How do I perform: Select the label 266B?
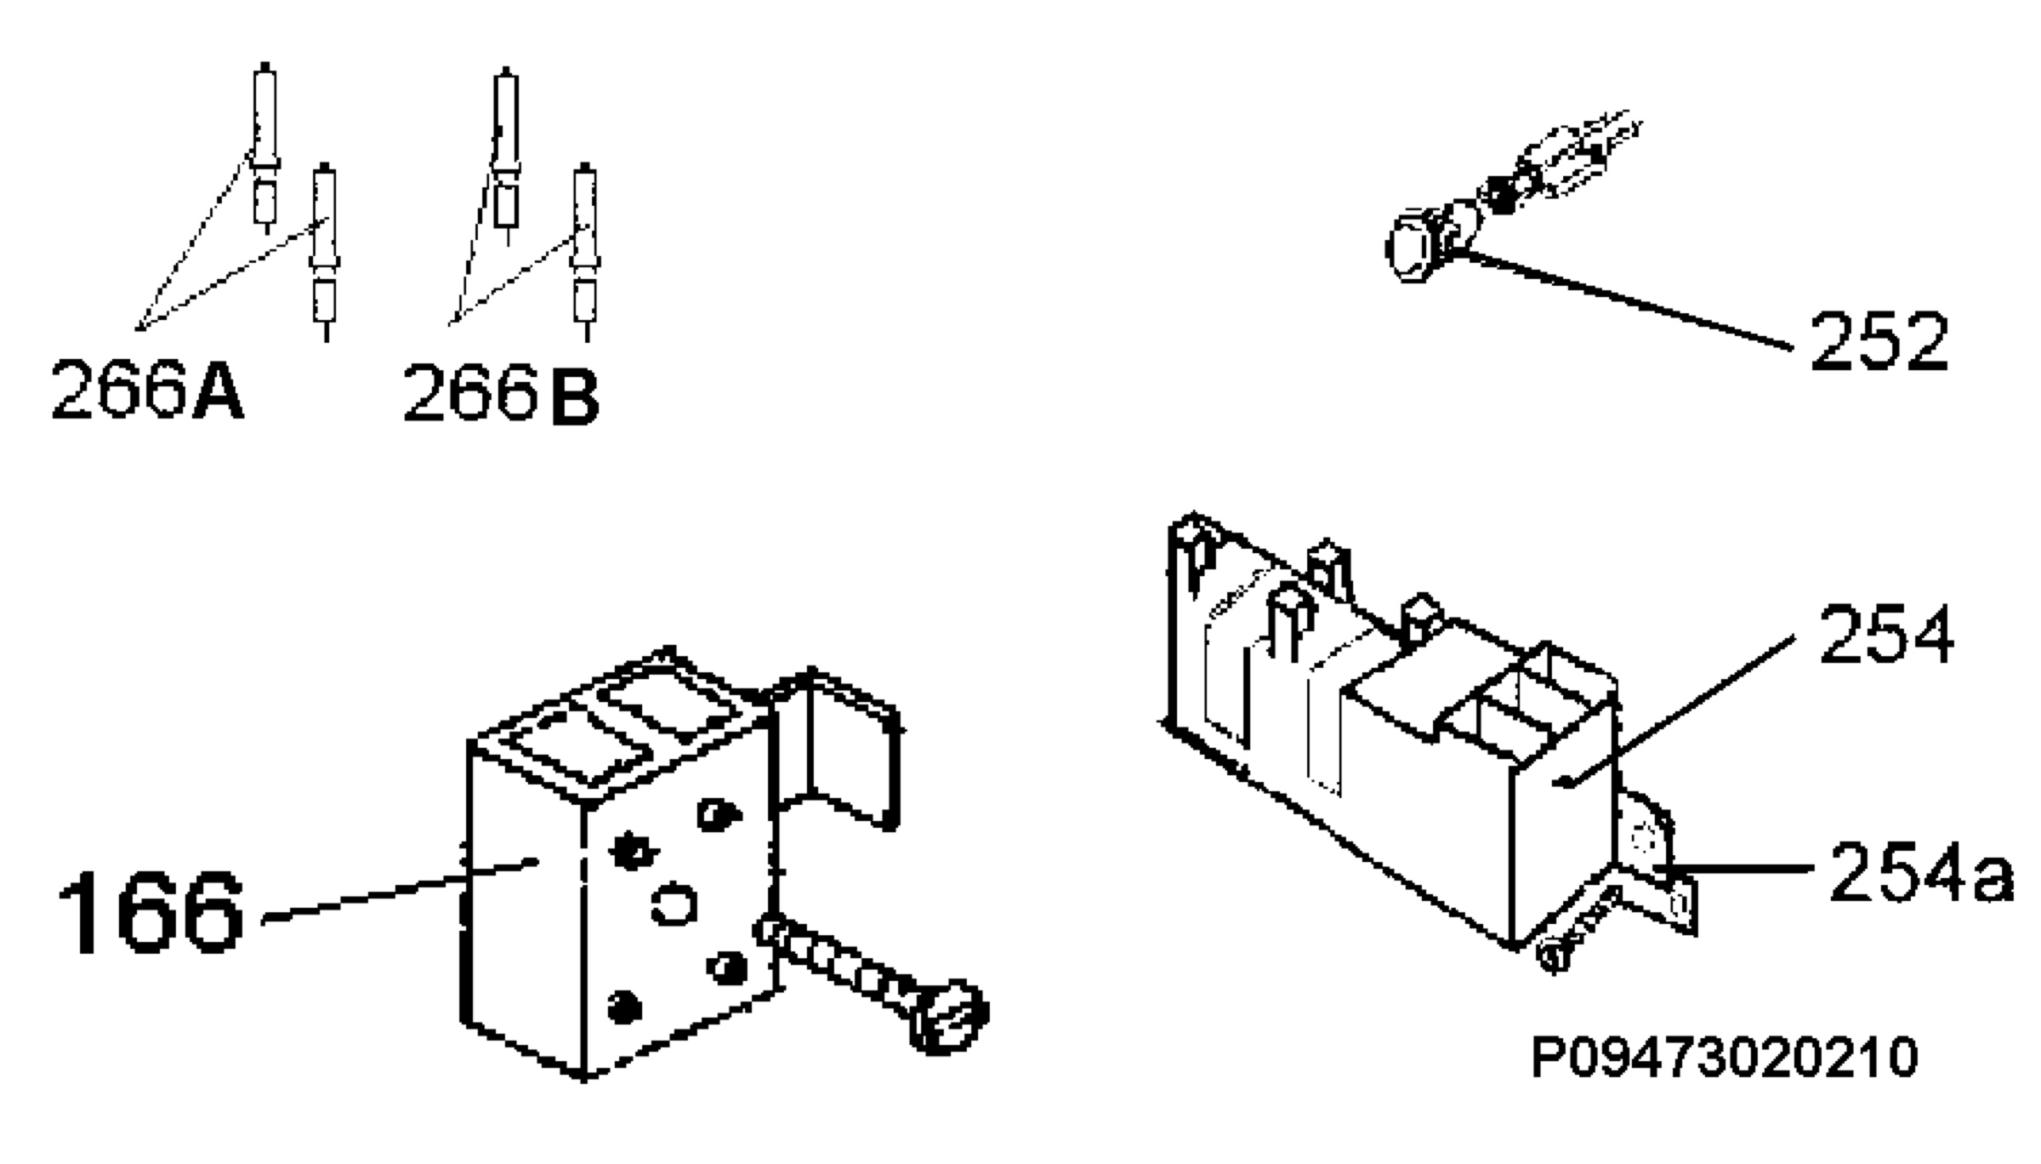pos(502,392)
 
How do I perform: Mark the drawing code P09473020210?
pos(1725,1058)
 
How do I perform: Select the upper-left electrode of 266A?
pos(264,145)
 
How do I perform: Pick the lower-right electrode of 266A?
pos(325,251)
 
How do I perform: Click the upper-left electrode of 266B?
pos(507,153)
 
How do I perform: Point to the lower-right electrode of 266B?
pos(585,251)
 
